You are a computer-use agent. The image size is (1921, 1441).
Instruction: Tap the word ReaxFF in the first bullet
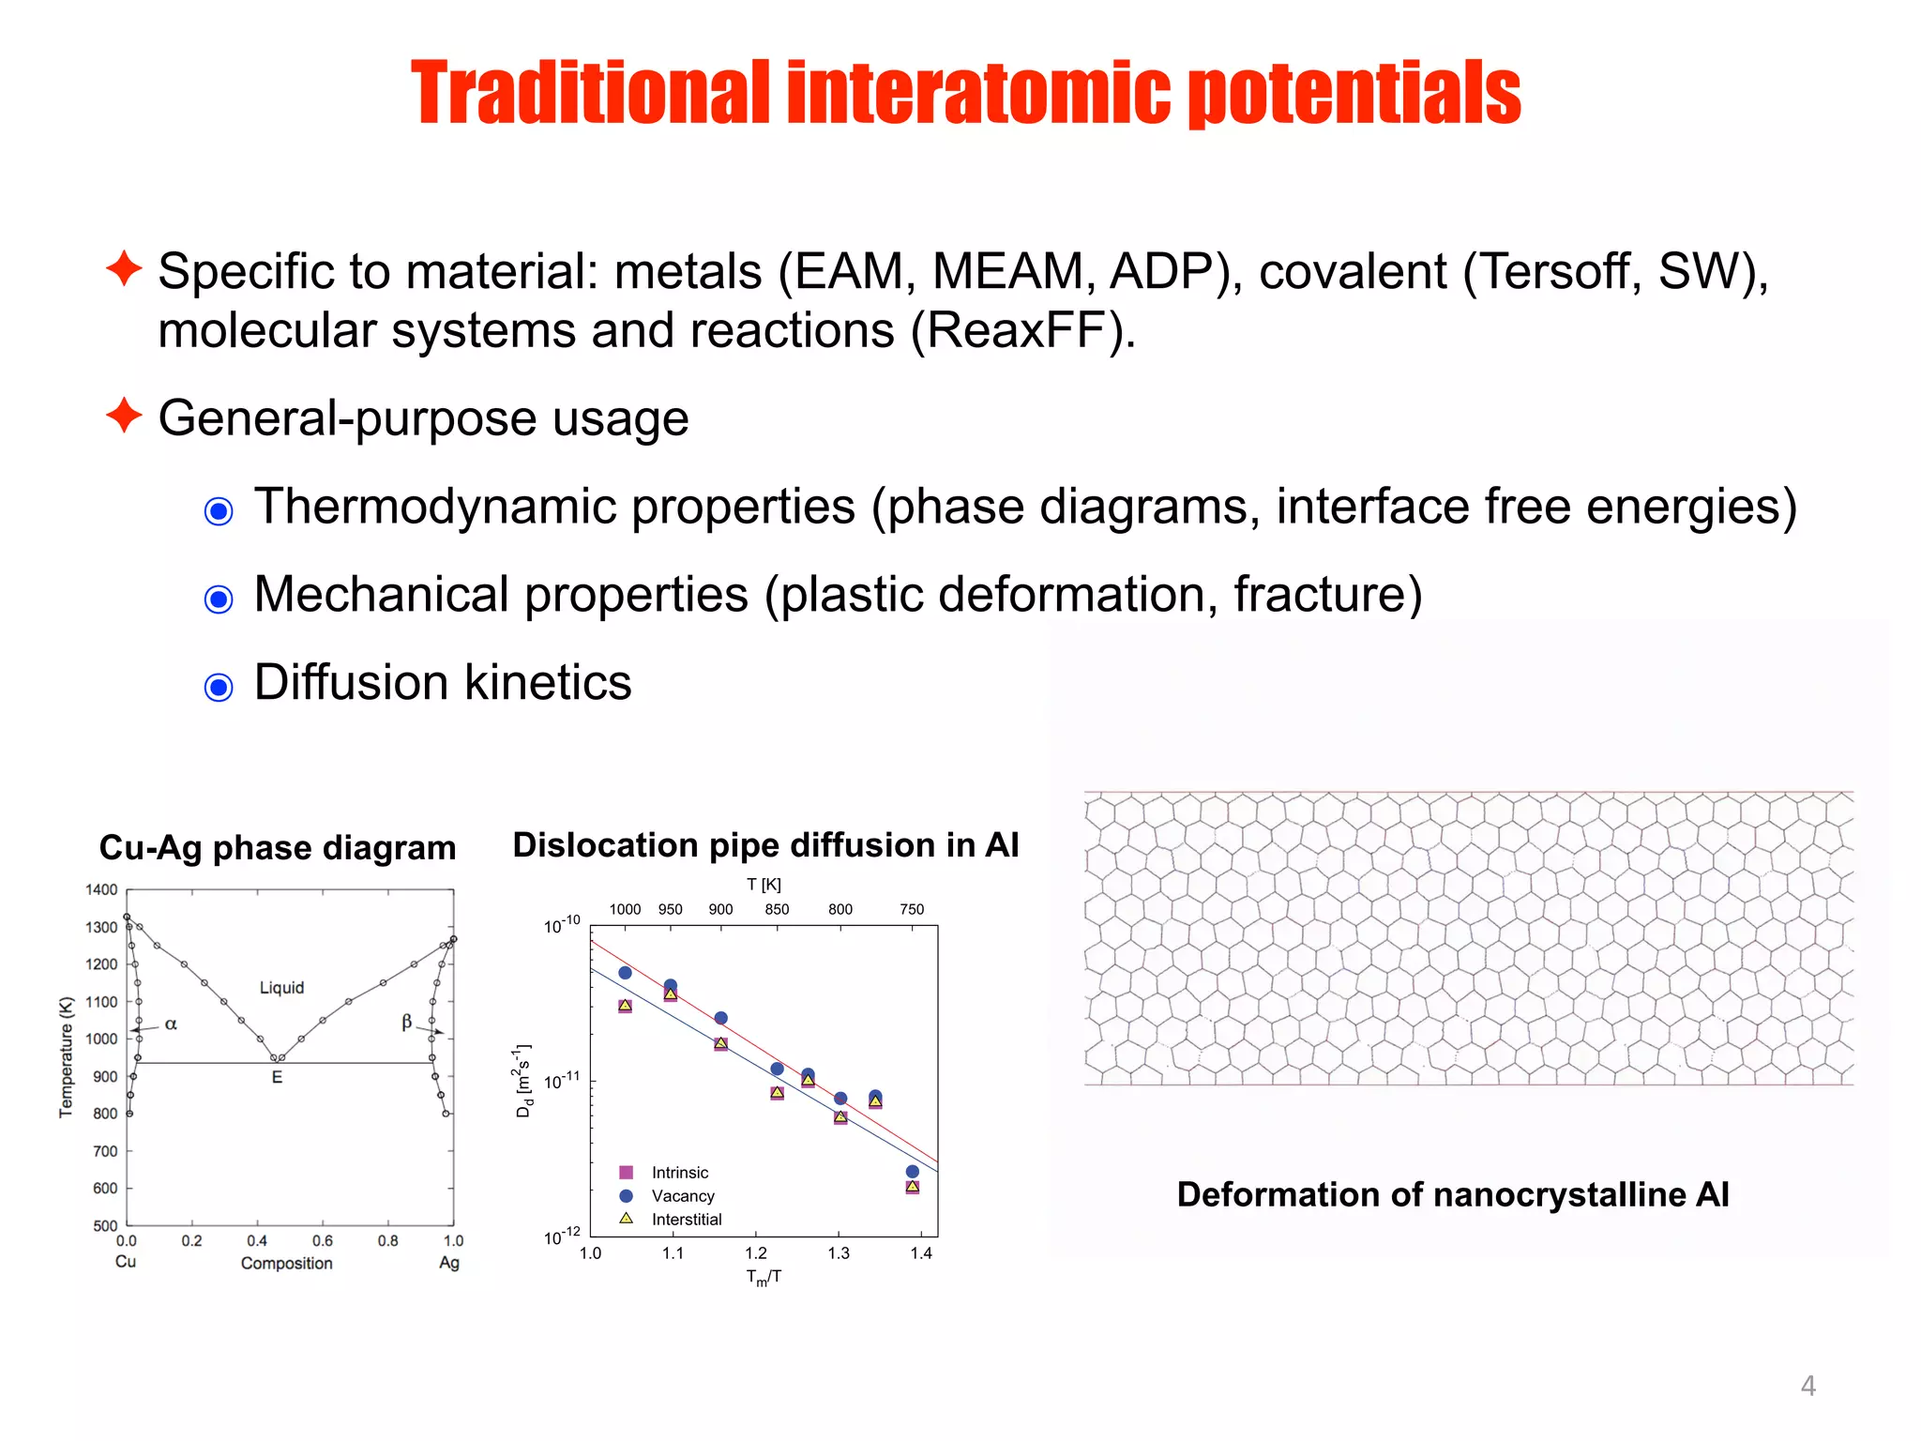point(1022,330)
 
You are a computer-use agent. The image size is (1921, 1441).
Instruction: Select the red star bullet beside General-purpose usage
point(124,415)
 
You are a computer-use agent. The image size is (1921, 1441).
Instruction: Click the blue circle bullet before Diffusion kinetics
point(219,687)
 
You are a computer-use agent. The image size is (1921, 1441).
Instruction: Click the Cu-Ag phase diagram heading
point(278,847)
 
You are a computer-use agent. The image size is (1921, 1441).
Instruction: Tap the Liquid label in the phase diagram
point(281,987)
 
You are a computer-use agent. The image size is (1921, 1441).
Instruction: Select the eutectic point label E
point(277,1077)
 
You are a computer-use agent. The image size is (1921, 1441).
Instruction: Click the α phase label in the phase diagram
point(171,1024)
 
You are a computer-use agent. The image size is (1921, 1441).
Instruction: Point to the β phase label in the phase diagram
point(406,1022)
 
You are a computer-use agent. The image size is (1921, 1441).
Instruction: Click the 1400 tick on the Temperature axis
point(101,889)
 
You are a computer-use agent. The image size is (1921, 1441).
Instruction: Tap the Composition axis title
point(286,1263)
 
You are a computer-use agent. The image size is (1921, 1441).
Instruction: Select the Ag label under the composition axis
point(449,1263)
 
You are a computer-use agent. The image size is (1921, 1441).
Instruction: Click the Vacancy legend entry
point(682,1196)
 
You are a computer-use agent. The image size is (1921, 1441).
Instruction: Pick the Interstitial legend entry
point(686,1220)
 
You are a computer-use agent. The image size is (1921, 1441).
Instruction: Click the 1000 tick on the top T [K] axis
point(625,909)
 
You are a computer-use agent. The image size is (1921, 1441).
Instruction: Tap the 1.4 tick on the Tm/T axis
point(921,1253)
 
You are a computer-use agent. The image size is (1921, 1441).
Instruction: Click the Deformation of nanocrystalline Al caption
point(1453,1194)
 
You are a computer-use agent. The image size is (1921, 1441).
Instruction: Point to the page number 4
point(1808,1386)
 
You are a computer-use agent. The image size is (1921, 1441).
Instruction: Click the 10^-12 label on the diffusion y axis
point(563,1237)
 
